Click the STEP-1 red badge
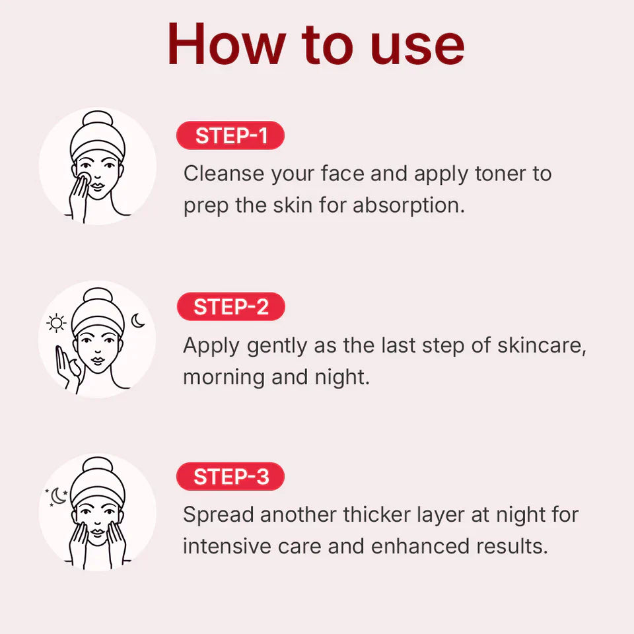[x=230, y=136]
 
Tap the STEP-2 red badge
[x=230, y=307]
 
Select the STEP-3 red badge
[x=230, y=477]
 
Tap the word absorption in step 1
[x=409, y=205]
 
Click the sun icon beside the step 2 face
[x=57, y=324]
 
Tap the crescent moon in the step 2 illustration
[x=138, y=321]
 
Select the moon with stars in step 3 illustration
[x=58, y=496]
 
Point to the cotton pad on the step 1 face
[x=84, y=178]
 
